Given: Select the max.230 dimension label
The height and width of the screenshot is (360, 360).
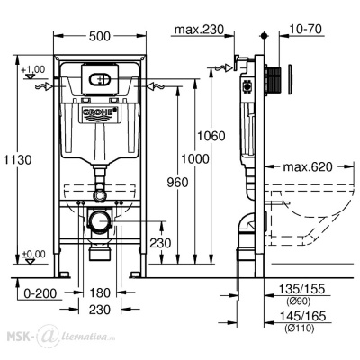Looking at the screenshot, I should point(199,31).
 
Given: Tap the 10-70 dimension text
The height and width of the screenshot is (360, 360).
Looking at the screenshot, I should point(307,31).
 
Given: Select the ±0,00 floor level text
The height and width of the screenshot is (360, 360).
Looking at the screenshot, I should point(33,256).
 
